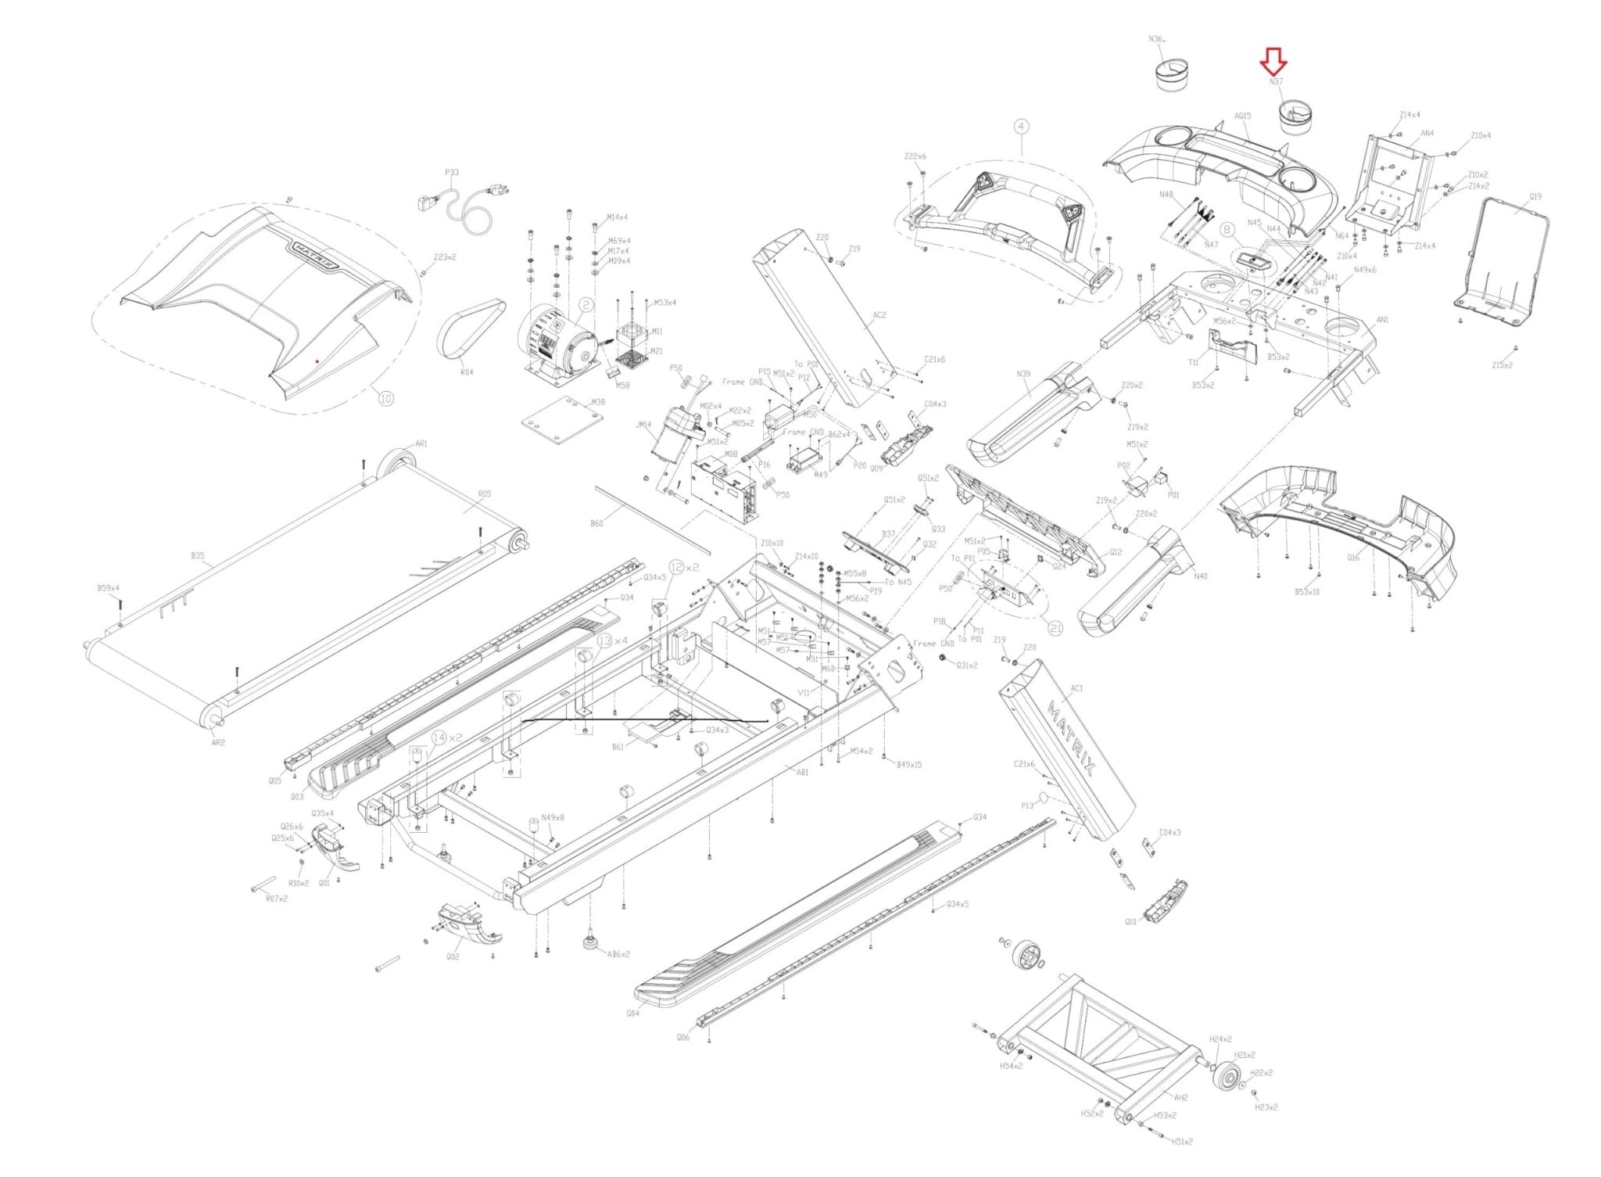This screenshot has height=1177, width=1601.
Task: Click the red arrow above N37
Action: coord(1274,59)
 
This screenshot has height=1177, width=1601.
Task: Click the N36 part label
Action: coord(1156,38)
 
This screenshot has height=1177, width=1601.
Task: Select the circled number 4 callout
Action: coord(1021,126)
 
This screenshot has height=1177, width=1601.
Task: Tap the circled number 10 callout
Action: coord(385,398)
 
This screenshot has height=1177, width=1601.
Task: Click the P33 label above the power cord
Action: coord(452,173)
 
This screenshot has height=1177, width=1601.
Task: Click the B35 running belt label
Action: coord(198,556)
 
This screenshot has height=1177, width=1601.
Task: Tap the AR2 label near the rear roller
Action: coord(218,742)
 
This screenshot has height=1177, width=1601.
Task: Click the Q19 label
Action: coord(1535,197)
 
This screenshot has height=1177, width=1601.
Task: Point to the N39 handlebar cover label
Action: coord(1023,374)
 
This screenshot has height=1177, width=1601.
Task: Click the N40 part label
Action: coord(1201,576)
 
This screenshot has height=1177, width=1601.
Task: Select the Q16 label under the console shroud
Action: coord(1353,558)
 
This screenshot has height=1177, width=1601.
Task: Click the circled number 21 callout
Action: coord(1055,628)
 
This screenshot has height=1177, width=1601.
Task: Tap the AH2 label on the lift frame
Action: coord(1180,1097)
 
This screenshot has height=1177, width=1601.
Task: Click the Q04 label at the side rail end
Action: coord(632,1013)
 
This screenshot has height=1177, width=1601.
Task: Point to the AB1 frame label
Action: coord(802,773)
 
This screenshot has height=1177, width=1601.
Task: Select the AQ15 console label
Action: coord(1242,116)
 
